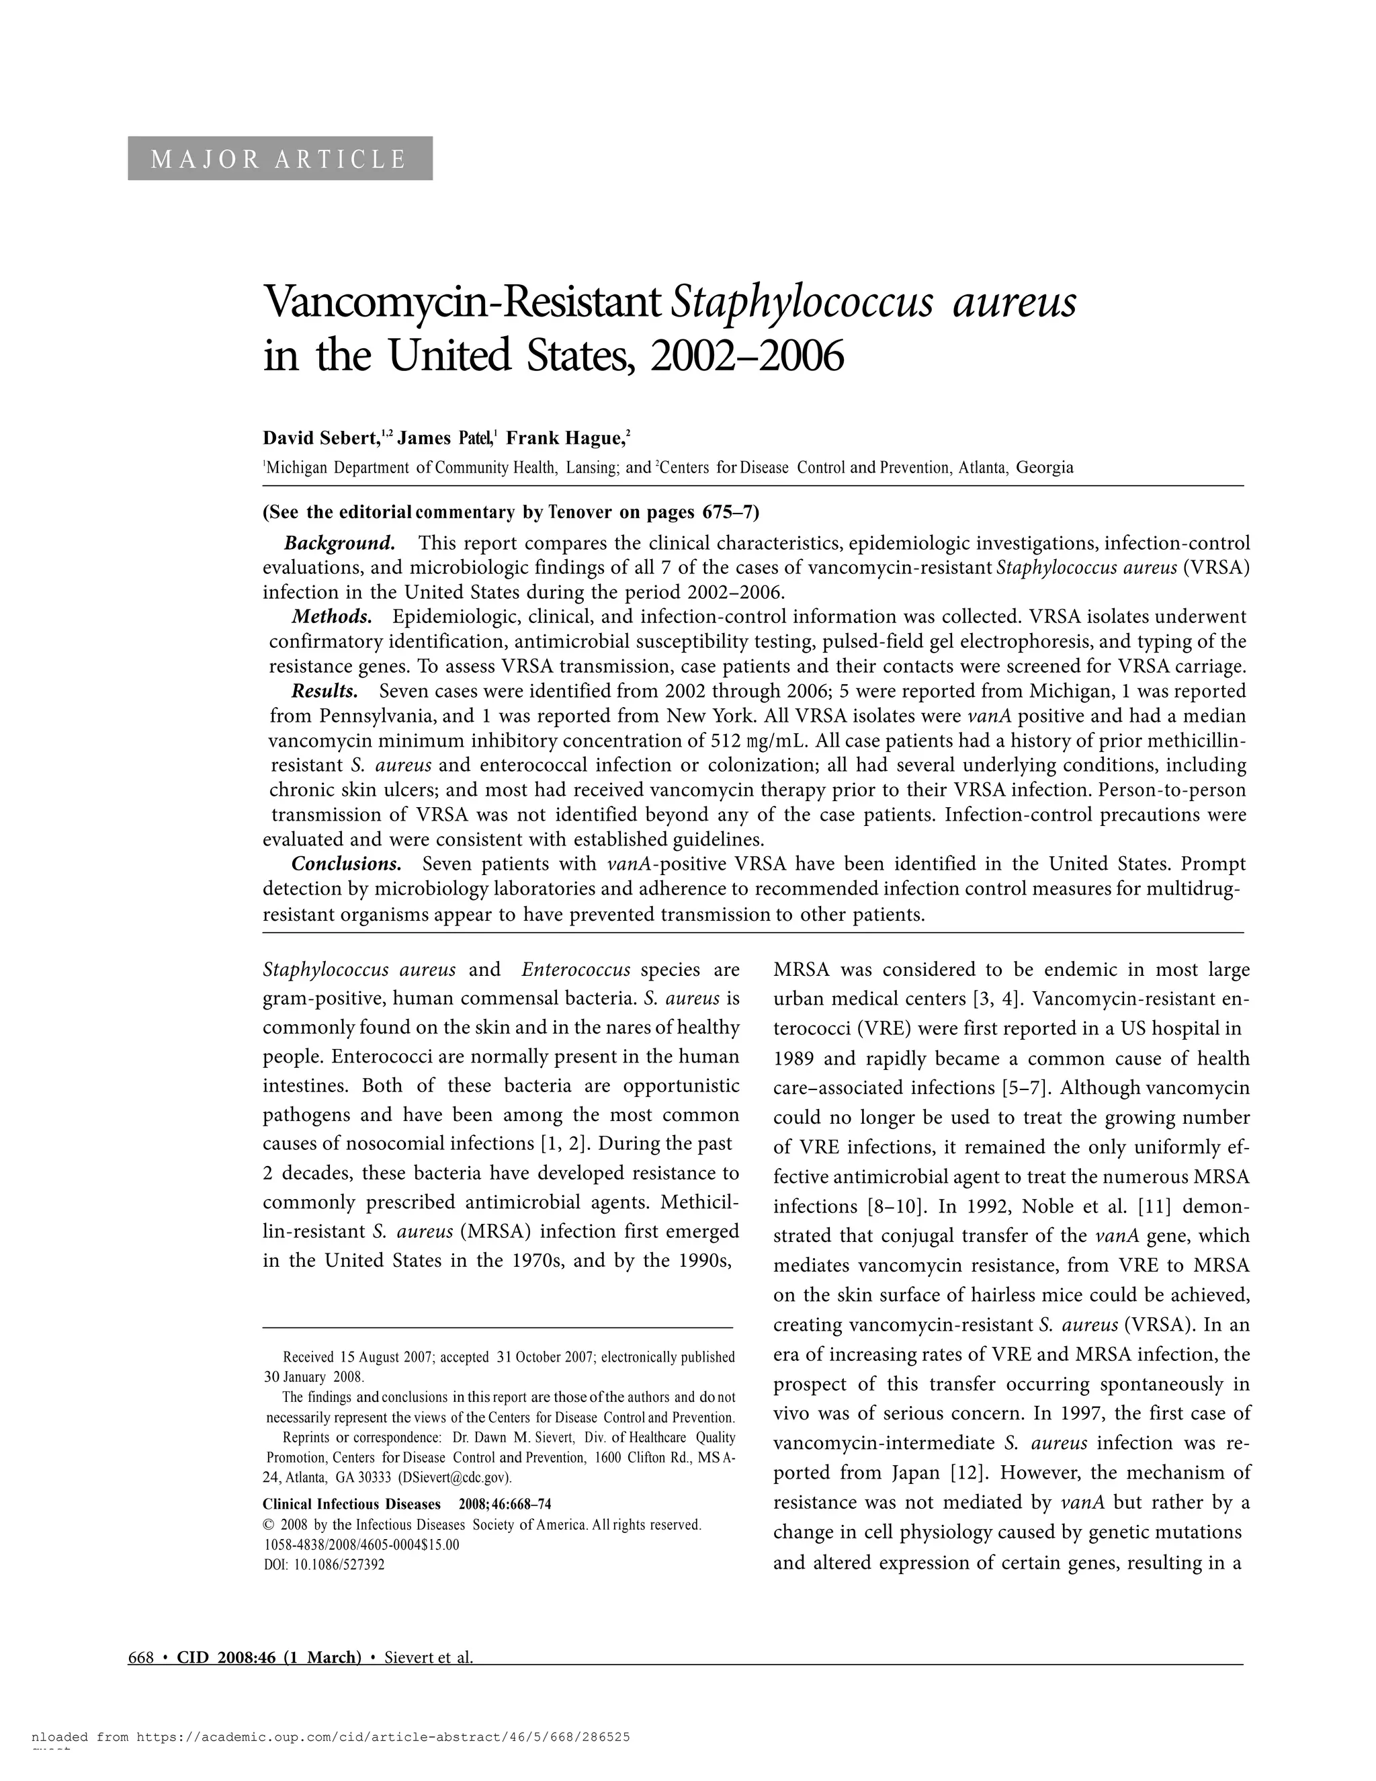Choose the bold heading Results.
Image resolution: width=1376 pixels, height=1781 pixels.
coord(325,692)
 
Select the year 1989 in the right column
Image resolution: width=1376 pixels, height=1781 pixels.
coord(793,1059)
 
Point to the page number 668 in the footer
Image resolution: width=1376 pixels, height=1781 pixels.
coord(141,1657)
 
